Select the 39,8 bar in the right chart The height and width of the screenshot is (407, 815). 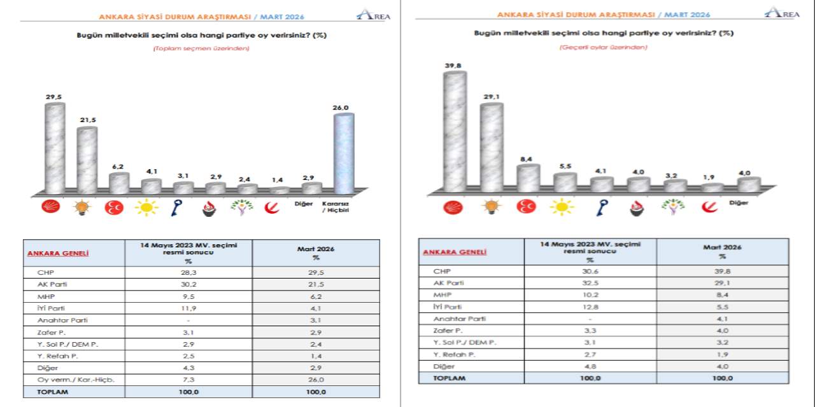pyautogui.click(x=455, y=131)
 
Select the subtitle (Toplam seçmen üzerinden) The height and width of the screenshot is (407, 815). pyautogui.click(x=201, y=48)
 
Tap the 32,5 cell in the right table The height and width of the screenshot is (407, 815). pyautogui.click(x=590, y=282)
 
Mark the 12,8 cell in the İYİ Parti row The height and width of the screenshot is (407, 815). pyautogui.click(x=590, y=307)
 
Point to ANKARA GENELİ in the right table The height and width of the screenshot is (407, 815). pyautogui.click(x=454, y=252)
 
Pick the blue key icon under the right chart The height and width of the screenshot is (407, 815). pyautogui.click(x=600, y=207)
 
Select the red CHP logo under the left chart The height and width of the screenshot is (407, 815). pyautogui.click(x=51, y=207)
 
